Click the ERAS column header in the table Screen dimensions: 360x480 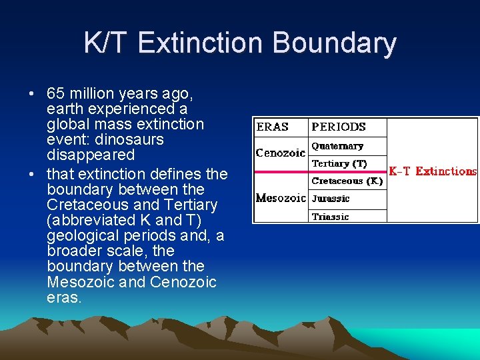click(273, 127)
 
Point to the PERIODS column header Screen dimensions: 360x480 click(339, 127)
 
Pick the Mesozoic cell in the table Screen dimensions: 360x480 click(281, 198)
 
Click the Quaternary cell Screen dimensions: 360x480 click(337, 146)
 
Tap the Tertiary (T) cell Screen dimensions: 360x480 click(339, 163)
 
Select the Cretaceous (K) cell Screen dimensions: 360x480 click(347, 181)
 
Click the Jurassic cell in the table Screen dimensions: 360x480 click(331, 199)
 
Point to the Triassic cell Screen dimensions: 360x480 click(330, 216)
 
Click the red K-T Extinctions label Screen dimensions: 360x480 click(433, 171)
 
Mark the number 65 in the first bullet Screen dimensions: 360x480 click(56, 93)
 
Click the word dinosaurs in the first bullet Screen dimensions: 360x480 click(130, 139)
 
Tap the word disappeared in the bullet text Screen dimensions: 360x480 click(91, 155)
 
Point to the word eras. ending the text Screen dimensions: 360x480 click(64, 297)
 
